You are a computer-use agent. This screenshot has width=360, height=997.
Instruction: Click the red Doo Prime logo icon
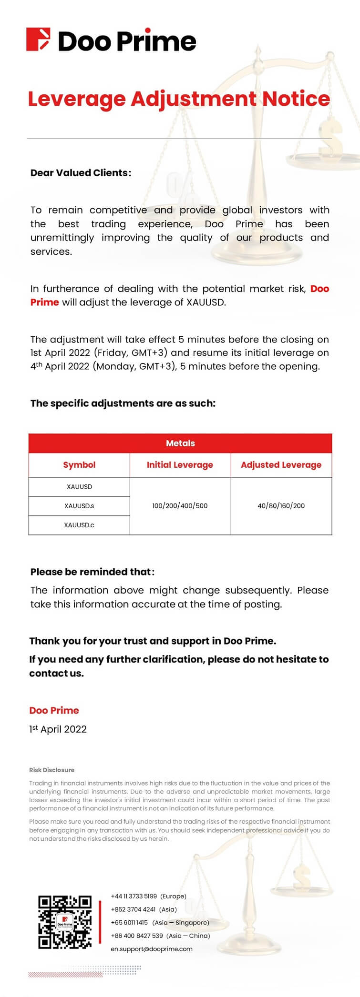pyautogui.click(x=38, y=40)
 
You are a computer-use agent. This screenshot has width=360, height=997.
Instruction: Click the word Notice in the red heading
pyautogui.click(x=296, y=99)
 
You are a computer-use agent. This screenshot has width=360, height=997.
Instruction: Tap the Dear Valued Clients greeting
pyautogui.click(x=81, y=173)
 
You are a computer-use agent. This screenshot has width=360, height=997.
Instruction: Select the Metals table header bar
pyautogui.click(x=180, y=443)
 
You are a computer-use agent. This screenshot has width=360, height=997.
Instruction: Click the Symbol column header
pyautogui.click(x=79, y=465)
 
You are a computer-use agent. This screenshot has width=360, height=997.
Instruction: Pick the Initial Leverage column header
pyautogui.click(x=180, y=465)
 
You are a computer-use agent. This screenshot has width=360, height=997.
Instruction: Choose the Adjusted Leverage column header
pyautogui.click(x=281, y=465)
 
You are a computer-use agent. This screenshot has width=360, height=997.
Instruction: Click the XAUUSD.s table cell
pyautogui.click(x=79, y=506)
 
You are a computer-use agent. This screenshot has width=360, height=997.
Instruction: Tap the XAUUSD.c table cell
pyautogui.click(x=79, y=525)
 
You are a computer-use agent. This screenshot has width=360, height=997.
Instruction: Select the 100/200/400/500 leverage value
pyautogui.click(x=180, y=506)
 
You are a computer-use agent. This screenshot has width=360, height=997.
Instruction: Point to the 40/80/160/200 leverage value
pyautogui.click(x=281, y=506)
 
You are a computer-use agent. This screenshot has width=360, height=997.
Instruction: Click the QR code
pyautogui.click(x=65, y=922)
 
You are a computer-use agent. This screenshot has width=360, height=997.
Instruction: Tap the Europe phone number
pyautogui.click(x=134, y=896)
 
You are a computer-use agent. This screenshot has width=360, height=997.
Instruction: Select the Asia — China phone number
pyautogui.click(x=137, y=936)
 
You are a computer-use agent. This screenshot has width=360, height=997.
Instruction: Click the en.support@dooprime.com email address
pyautogui.click(x=152, y=949)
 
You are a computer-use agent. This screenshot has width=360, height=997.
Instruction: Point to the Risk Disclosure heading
pyautogui.click(x=51, y=770)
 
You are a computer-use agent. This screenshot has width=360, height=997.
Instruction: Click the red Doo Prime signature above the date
pyautogui.click(x=54, y=710)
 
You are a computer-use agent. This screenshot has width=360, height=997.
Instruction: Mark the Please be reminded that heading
pyautogui.click(x=92, y=572)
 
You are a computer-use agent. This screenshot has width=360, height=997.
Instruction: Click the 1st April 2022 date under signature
pyautogui.click(x=58, y=729)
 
